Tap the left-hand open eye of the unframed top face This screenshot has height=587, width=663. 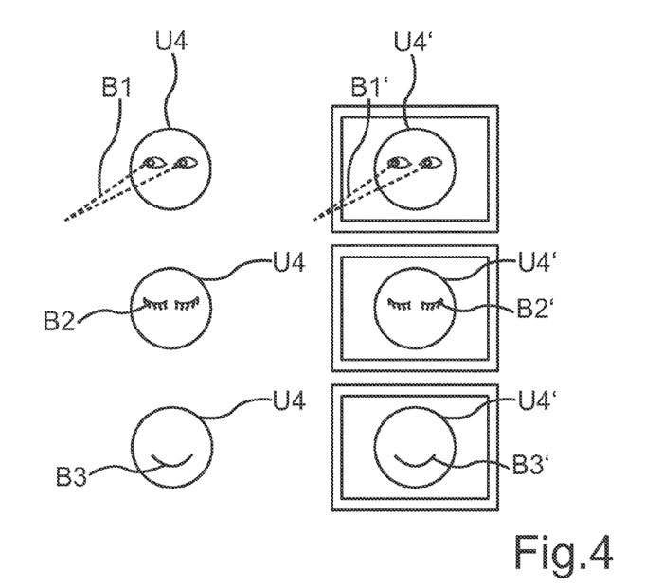[x=152, y=163]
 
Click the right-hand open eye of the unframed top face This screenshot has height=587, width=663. [x=181, y=163]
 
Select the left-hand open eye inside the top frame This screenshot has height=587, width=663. [x=400, y=164]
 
